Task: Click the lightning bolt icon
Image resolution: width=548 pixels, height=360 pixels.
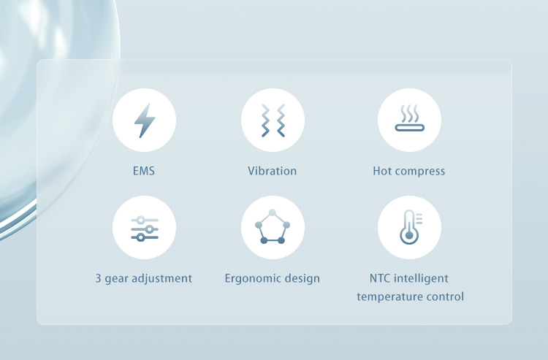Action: coord(144,120)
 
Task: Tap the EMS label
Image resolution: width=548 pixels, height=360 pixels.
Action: coord(144,172)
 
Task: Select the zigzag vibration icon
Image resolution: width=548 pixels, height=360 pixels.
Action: coord(273,120)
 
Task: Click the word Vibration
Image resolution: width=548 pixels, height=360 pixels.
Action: coord(273,172)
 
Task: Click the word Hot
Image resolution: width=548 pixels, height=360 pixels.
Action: coord(383,172)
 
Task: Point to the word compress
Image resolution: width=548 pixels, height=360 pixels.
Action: coord(421,172)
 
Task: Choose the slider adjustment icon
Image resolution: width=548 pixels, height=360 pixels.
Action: coord(144,228)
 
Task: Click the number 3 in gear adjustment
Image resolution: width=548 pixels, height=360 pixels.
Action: coord(99,278)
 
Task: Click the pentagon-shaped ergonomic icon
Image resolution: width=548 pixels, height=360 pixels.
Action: coord(273,228)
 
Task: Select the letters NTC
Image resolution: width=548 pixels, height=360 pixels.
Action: coord(381,278)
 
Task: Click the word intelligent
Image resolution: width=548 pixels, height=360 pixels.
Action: coord(422,278)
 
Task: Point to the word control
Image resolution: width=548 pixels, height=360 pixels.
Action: coord(447,297)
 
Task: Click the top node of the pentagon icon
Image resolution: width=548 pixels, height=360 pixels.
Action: coord(273,212)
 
